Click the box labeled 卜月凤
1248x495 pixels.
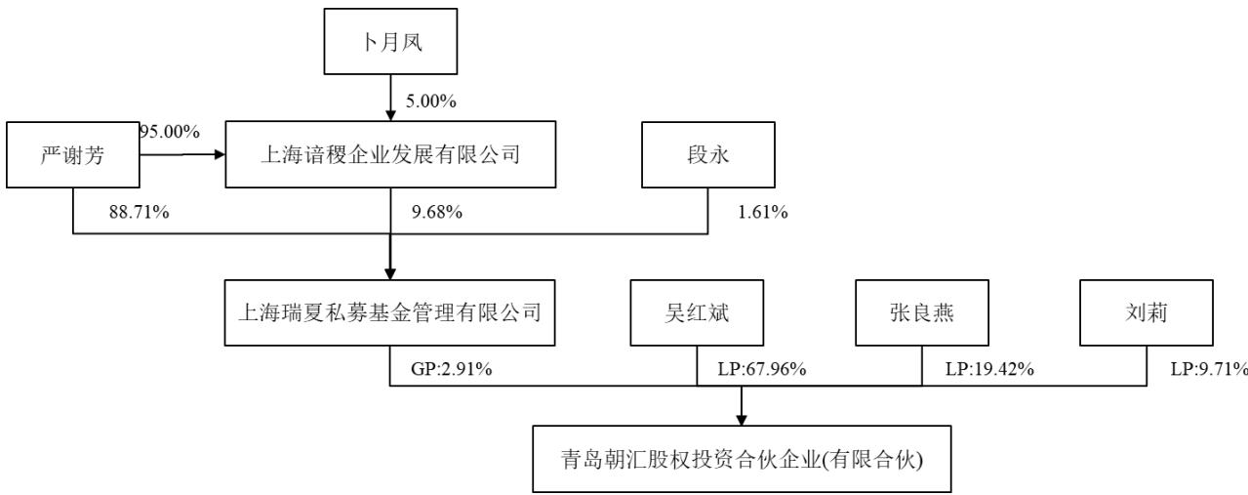(390, 41)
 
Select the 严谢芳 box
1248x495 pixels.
(73, 155)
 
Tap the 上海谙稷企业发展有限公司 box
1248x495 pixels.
(390, 154)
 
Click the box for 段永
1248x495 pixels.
(708, 155)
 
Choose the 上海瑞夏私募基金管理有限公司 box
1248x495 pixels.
(390, 312)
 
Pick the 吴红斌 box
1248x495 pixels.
(697, 312)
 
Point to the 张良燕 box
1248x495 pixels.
(922, 312)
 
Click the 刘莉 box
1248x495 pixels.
(1147, 312)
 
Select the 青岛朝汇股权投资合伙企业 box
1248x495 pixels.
(742, 459)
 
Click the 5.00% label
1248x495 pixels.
(430, 101)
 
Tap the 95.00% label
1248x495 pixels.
(170, 132)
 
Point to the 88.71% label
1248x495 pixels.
(140, 212)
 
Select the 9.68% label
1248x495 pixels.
(437, 212)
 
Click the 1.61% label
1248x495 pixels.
(763, 212)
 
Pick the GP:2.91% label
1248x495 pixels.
(451, 369)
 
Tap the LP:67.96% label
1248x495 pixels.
(762, 369)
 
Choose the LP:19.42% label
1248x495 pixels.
(989, 369)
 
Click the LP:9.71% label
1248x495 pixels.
(1209, 369)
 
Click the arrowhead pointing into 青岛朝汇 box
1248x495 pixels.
(741, 420)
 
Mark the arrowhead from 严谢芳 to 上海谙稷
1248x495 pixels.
(220, 154)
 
